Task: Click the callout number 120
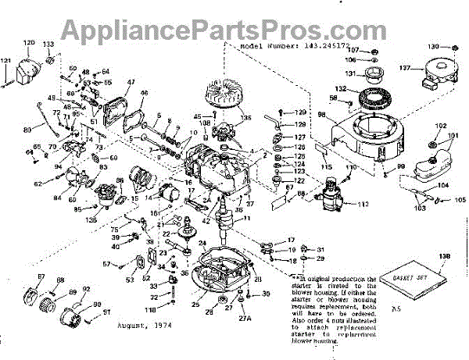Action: coord(29,41)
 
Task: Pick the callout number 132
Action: coord(342,87)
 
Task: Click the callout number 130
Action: coord(433,47)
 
